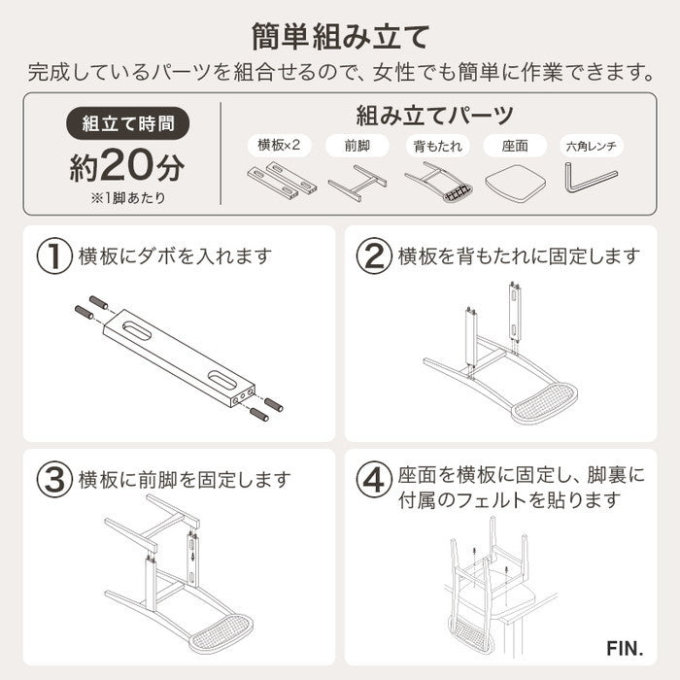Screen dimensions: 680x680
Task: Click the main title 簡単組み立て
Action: (339, 37)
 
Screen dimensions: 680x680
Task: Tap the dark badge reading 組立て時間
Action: (121, 124)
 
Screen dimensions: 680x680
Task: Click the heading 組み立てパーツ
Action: (434, 117)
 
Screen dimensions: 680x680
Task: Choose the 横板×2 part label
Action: (278, 146)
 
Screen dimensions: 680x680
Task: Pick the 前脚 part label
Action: (357, 146)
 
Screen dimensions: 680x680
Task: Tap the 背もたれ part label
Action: (435, 146)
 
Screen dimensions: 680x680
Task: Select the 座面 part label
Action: (514, 146)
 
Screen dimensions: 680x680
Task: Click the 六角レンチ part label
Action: (594, 146)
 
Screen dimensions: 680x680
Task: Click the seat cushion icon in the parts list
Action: (514, 180)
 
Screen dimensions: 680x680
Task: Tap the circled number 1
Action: (54, 256)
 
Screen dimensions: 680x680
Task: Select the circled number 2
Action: (375, 256)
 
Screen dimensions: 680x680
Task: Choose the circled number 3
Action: (54, 479)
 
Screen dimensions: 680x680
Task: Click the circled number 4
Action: (375, 479)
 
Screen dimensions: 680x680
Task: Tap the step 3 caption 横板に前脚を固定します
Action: (185, 479)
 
